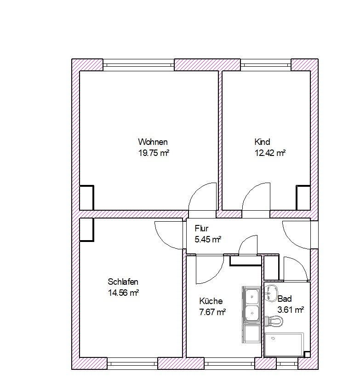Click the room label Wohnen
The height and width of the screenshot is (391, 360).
pyautogui.click(x=153, y=142)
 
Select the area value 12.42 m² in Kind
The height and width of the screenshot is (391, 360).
pyautogui.click(x=270, y=153)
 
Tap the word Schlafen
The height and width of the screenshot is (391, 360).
pyautogui.click(x=123, y=282)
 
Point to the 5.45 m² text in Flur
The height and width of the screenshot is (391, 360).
pyautogui.click(x=208, y=239)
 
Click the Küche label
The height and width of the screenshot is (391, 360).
pyautogui.click(x=211, y=301)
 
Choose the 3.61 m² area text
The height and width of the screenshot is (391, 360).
pyautogui.click(x=291, y=310)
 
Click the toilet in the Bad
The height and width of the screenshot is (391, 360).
pyautogui.click(x=274, y=321)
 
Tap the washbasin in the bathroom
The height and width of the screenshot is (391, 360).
pyautogui.click(x=272, y=293)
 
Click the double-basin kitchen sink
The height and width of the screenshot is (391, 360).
pyautogui.click(x=251, y=305)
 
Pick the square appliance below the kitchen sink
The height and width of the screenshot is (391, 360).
pyautogui.click(x=251, y=333)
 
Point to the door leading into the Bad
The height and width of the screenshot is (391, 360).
pyautogui.click(x=296, y=269)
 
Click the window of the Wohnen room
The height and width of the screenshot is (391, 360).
pyautogui.click(x=138, y=65)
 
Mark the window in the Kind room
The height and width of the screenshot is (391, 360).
pyautogui.click(x=266, y=65)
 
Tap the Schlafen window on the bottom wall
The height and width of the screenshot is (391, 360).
pyautogui.click(x=132, y=363)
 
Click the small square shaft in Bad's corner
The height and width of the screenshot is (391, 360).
pyautogui.click(x=307, y=354)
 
